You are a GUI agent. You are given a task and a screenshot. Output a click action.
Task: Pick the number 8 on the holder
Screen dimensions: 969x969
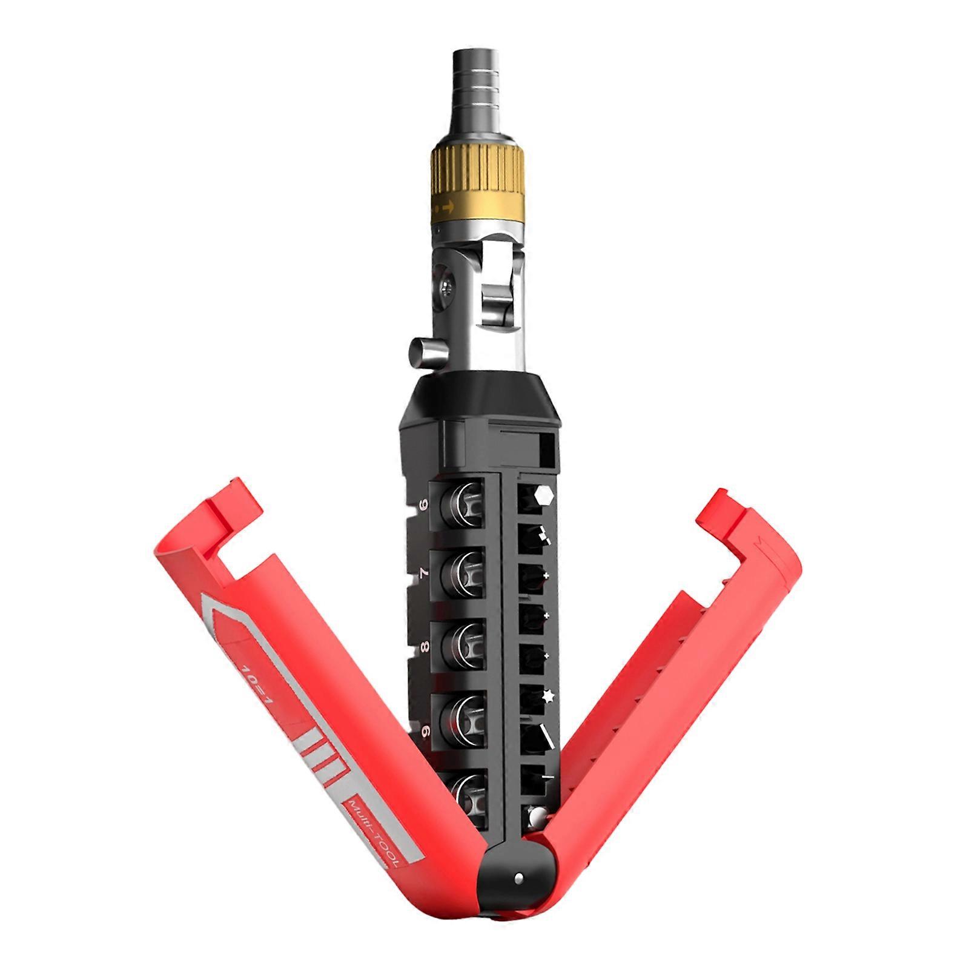pyautogui.click(x=425, y=647)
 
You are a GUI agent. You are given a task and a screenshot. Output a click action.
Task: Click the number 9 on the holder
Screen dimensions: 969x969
pyautogui.click(x=424, y=732)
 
